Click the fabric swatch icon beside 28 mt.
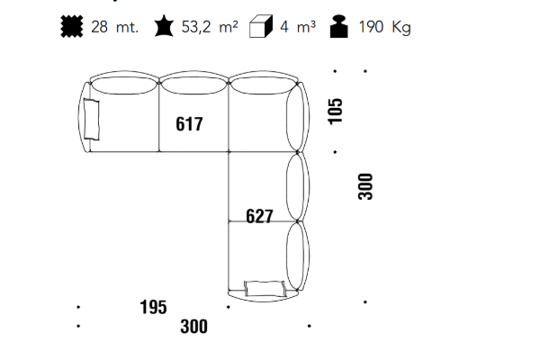(72, 26)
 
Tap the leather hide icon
(164, 26)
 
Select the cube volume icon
(261, 26)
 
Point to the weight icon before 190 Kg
(339, 26)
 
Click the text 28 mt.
(114, 27)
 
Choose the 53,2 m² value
(210, 26)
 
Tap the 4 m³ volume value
(298, 27)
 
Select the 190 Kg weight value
(384, 27)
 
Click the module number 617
(189, 124)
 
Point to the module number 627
(259, 216)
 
